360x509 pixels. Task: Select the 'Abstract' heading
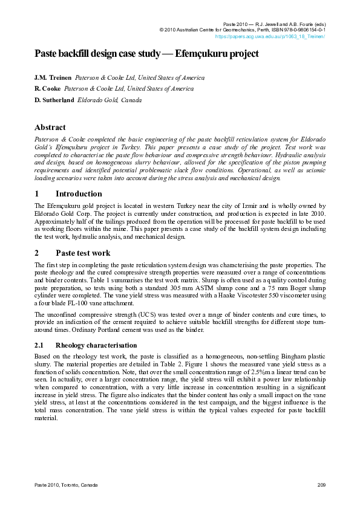pyautogui.click(x=50, y=128)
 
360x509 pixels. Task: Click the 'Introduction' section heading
pyautogui.click(x=79, y=194)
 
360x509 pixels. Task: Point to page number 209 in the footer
pyautogui.click(x=321, y=485)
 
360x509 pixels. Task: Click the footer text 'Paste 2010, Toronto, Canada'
pyautogui.click(x=66, y=485)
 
